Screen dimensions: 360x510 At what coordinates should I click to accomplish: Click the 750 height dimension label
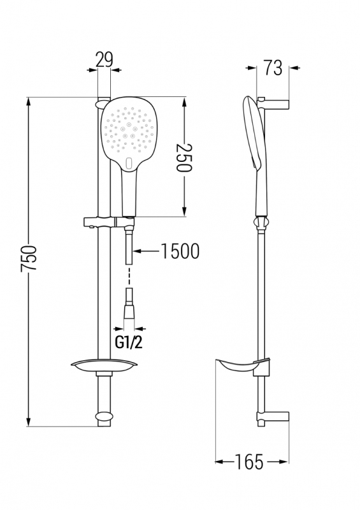29,258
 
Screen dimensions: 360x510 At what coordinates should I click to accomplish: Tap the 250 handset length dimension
184,157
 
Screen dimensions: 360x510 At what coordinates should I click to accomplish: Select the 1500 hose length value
180,251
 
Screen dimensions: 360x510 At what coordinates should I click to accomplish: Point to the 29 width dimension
104,59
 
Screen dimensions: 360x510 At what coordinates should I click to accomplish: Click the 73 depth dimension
273,68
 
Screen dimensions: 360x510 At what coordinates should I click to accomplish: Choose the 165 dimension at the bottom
248,462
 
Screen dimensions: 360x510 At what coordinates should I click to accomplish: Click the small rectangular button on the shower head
129,163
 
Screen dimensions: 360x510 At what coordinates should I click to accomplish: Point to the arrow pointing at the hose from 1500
147,251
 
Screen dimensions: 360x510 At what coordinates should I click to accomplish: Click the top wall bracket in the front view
101,103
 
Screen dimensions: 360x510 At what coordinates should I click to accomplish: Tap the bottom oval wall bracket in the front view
104,417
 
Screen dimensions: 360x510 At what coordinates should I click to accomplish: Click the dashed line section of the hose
130,277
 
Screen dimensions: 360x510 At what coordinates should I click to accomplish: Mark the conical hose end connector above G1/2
130,307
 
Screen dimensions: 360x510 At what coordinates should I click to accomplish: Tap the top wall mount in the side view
273,103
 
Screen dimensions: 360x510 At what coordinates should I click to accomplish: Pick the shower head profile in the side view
254,133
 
